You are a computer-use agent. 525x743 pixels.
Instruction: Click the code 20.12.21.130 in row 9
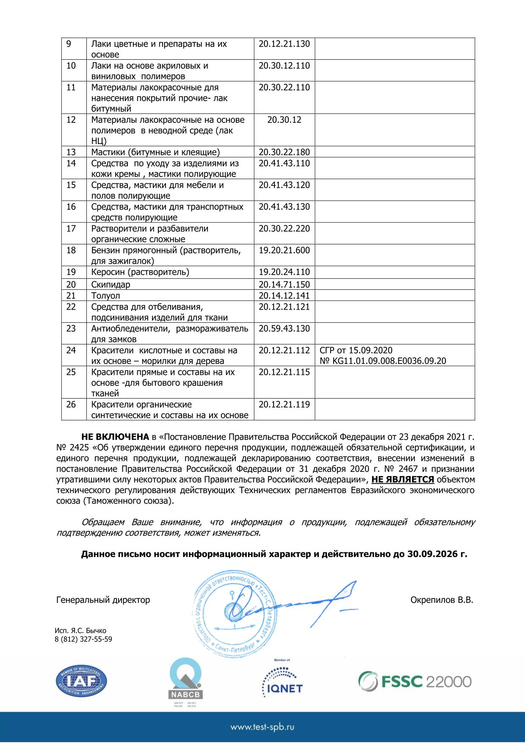pos(284,44)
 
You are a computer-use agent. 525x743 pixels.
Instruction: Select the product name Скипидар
pos(111,285)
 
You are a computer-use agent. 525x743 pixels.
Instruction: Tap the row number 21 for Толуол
pos(71,296)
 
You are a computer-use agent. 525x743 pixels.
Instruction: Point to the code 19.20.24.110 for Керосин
pos(284,272)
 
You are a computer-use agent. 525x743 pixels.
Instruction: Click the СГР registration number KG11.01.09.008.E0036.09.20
pos(383,361)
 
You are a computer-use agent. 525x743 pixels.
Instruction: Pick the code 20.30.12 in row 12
pos(284,119)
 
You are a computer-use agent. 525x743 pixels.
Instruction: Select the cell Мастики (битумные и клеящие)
pos(155,152)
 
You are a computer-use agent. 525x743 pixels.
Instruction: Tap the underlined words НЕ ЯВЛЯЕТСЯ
pos(403,480)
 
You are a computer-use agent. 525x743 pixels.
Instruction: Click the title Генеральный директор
pos(103,600)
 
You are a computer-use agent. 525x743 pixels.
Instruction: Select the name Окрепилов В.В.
pos(442,600)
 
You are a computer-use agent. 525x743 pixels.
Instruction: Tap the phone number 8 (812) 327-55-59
pos(83,639)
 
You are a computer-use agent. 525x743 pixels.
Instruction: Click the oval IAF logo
pos(81,682)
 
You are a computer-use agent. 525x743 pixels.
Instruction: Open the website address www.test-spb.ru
pos(262,727)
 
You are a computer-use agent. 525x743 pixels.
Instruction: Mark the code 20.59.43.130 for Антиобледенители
pos(284,329)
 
